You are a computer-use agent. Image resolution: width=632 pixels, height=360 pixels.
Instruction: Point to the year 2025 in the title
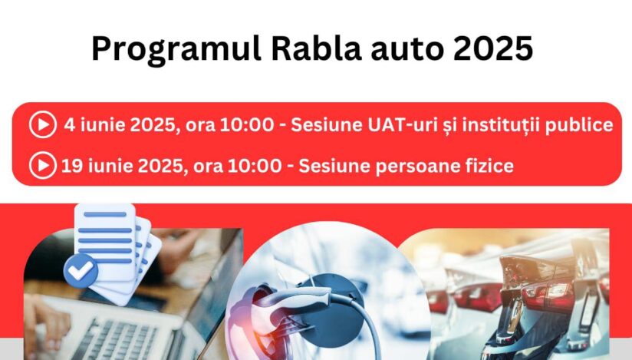point(493,49)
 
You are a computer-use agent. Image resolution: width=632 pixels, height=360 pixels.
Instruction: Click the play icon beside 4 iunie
point(43,124)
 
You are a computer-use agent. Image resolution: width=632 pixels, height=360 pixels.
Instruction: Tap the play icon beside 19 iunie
point(43,166)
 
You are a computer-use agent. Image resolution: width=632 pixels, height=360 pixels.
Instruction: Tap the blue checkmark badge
point(81,271)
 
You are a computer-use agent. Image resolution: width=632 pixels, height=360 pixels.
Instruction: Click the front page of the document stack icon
point(106,241)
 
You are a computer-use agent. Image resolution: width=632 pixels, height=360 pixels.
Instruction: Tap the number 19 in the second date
point(70,166)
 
